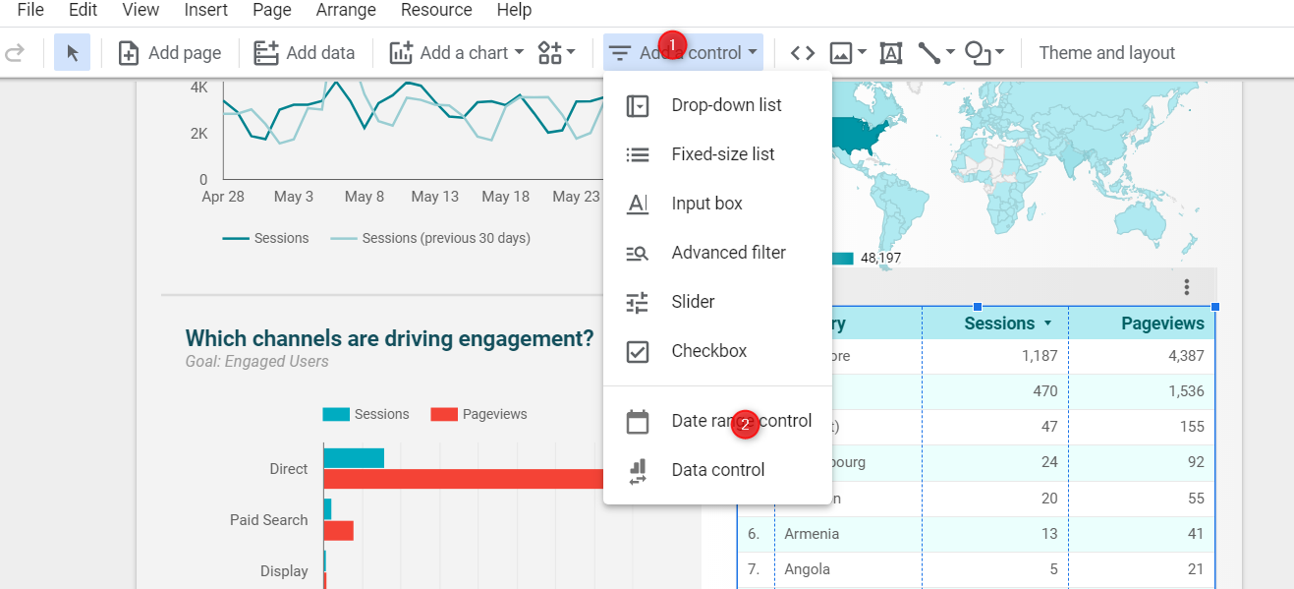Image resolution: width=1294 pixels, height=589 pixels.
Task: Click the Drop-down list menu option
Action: point(725,105)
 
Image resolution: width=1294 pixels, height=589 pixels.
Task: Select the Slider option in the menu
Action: point(693,302)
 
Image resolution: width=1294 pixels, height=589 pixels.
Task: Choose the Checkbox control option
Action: point(708,351)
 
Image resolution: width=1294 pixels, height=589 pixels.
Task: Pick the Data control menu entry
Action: point(717,470)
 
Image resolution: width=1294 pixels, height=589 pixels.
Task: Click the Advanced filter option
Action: point(728,253)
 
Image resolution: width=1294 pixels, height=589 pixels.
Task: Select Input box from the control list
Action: point(706,204)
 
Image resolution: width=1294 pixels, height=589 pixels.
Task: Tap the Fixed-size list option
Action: point(722,154)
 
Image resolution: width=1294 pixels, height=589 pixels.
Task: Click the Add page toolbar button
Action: point(170,53)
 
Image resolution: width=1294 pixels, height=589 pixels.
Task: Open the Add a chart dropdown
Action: point(457,53)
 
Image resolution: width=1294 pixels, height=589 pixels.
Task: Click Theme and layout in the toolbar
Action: point(1106,53)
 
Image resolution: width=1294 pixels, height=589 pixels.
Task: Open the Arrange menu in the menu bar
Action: point(347,10)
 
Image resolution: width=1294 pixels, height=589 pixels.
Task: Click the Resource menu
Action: point(436,10)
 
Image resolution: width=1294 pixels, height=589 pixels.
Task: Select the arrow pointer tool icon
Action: point(72,53)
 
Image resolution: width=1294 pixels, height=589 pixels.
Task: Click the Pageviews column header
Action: point(1162,324)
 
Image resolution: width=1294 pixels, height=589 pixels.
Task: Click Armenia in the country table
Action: point(812,534)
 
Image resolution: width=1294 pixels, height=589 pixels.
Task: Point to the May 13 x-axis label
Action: point(434,197)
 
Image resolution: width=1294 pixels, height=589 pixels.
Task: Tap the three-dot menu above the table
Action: point(1187,287)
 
